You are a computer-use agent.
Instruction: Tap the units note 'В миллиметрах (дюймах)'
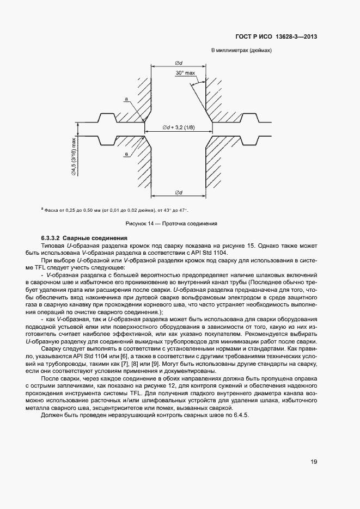(241, 51)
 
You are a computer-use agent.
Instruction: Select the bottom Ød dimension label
(178, 192)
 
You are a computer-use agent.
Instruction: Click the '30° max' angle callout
(186, 72)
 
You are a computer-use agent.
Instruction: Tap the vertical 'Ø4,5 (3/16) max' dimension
(72, 158)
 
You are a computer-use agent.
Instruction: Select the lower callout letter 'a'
(126, 154)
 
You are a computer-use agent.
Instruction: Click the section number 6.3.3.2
(50, 238)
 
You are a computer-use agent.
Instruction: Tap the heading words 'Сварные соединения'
(95, 238)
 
